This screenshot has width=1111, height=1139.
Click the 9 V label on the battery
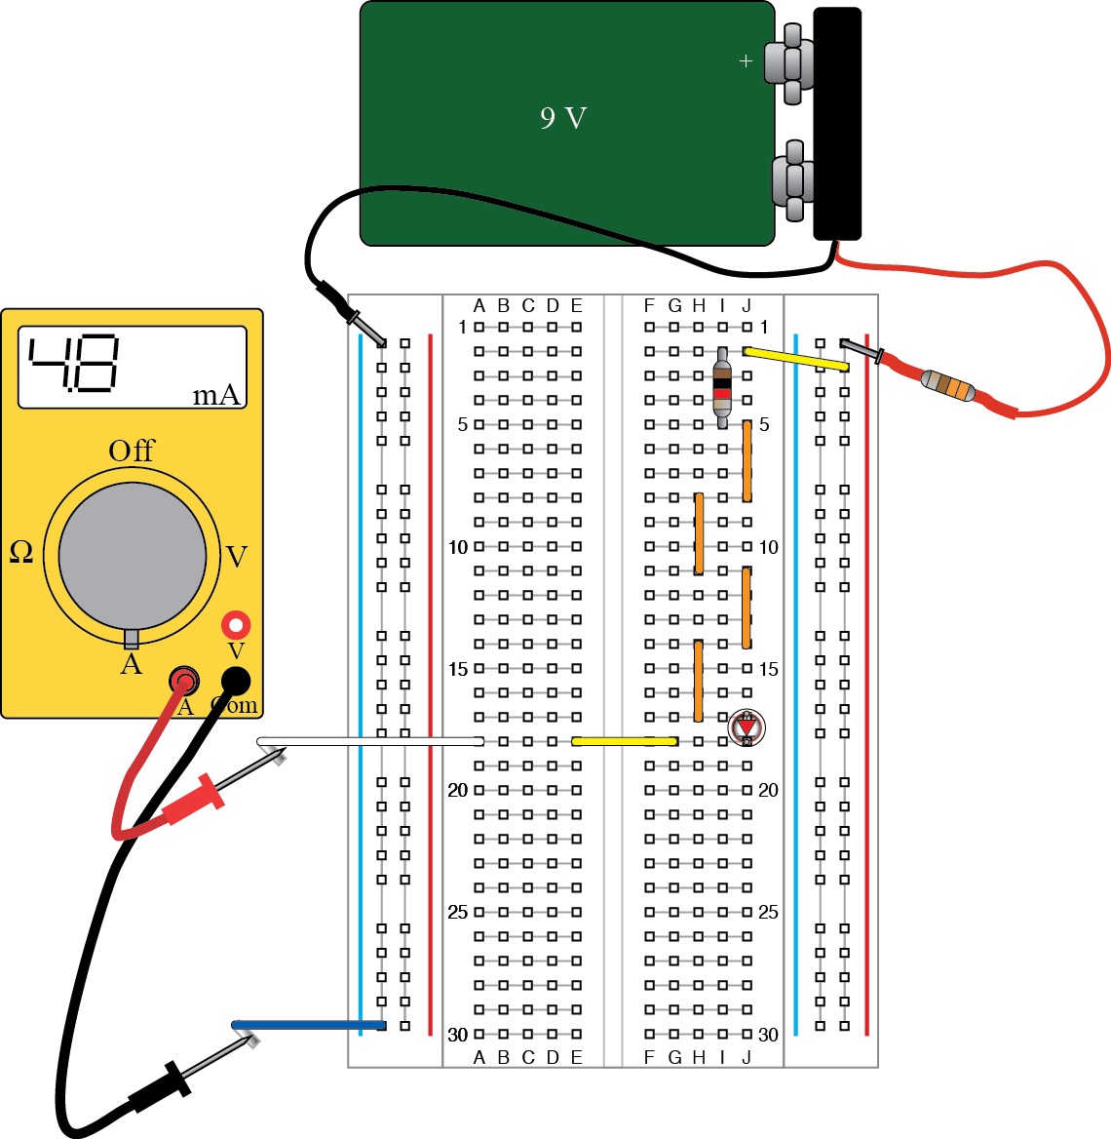pyautogui.click(x=563, y=119)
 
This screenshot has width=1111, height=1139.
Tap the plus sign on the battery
pyautogui.click(x=746, y=61)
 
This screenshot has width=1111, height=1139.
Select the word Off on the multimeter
pyautogui.click(x=132, y=451)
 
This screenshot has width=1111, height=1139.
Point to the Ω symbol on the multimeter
pyautogui.click(x=21, y=553)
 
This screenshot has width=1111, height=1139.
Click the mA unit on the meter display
pyautogui.click(x=216, y=395)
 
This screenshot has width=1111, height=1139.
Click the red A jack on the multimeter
pyautogui.click(x=183, y=680)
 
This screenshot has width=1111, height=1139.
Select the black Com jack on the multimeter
pyautogui.click(x=236, y=681)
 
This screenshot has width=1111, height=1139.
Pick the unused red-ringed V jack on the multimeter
pyautogui.click(x=236, y=625)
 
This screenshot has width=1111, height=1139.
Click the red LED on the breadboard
pyautogui.click(x=747, y=727)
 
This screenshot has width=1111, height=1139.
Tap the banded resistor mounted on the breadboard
pyautogui.click(x=722, y=387)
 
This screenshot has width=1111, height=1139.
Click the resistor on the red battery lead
pyautogui.click(x=948, y=386)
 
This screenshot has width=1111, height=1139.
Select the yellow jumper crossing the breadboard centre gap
pyautogui.click(x=625, y=741)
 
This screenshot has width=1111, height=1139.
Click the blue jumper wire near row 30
pyautogui.click(x=309, y=1025)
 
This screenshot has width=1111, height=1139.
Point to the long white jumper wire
pyautogui.click(x=370, y=742)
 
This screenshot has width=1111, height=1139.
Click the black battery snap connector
pyautogui.click(x=837, y=123)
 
